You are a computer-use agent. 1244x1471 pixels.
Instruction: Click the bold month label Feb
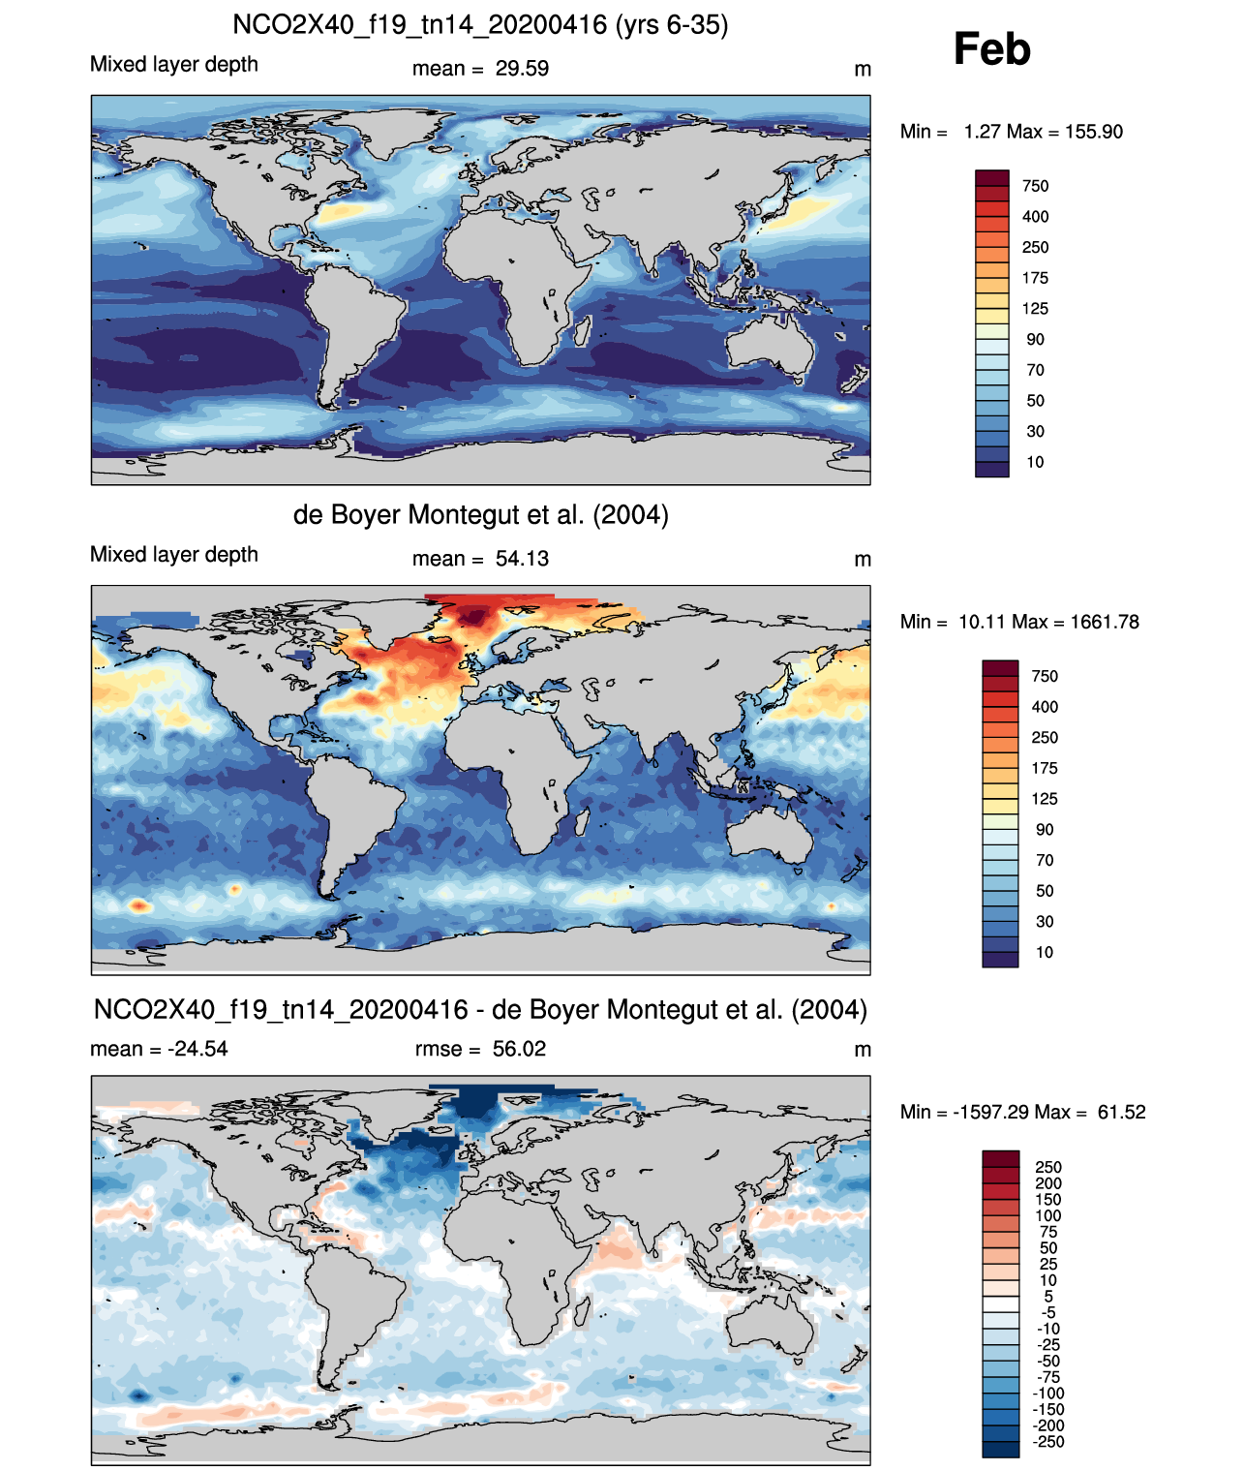pyautogui.click(x=991, y=48)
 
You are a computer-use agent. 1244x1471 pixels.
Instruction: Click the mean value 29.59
pyautogui.click(x=522, y=69)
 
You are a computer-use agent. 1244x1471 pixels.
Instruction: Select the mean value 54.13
pyautogui.click(x=522, y=559)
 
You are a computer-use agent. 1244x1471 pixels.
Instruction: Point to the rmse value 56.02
pyautogui.click(x=519, y=1049)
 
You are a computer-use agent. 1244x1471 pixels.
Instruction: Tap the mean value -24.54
pyautogui.click(x=197, y=1049)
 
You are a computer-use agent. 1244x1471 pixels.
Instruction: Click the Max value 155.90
pyautogui.click(x=1094, y=132)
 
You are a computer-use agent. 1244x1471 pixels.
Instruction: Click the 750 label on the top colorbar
pyautogui.click(x=1036, y=186)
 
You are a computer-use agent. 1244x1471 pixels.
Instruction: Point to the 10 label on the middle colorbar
pyautogui.click(x=1045, y=952)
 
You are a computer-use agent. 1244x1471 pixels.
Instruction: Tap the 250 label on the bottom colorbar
pyautogui.click(x=1048, y=1167)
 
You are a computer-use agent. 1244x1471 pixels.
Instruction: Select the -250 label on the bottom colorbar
pyautogui.click(x=1048, y=1442)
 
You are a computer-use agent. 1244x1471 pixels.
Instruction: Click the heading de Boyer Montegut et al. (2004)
pyautogui.click(x=481, y=514)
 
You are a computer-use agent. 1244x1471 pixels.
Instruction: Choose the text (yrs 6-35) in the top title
pyautogui.click(x=672, y=25)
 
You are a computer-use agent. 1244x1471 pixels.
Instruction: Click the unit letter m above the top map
pyautogui.click(x=863, y=69)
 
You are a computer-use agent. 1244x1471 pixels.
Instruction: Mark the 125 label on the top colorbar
pyautogui.click(x=1036, y=308)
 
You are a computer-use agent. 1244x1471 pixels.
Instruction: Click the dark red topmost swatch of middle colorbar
pyautogui.click(x=1000, y=667)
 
